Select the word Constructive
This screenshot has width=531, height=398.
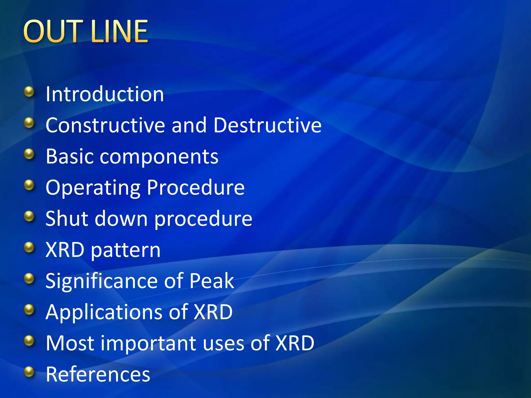(x=105, y=125)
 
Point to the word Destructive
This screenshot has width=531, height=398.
(x=267, y=125)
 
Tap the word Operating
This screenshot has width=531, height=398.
(x=93, y=188)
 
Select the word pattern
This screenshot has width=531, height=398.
(x=126, y=251)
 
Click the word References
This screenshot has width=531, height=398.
(x=98, y=374)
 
